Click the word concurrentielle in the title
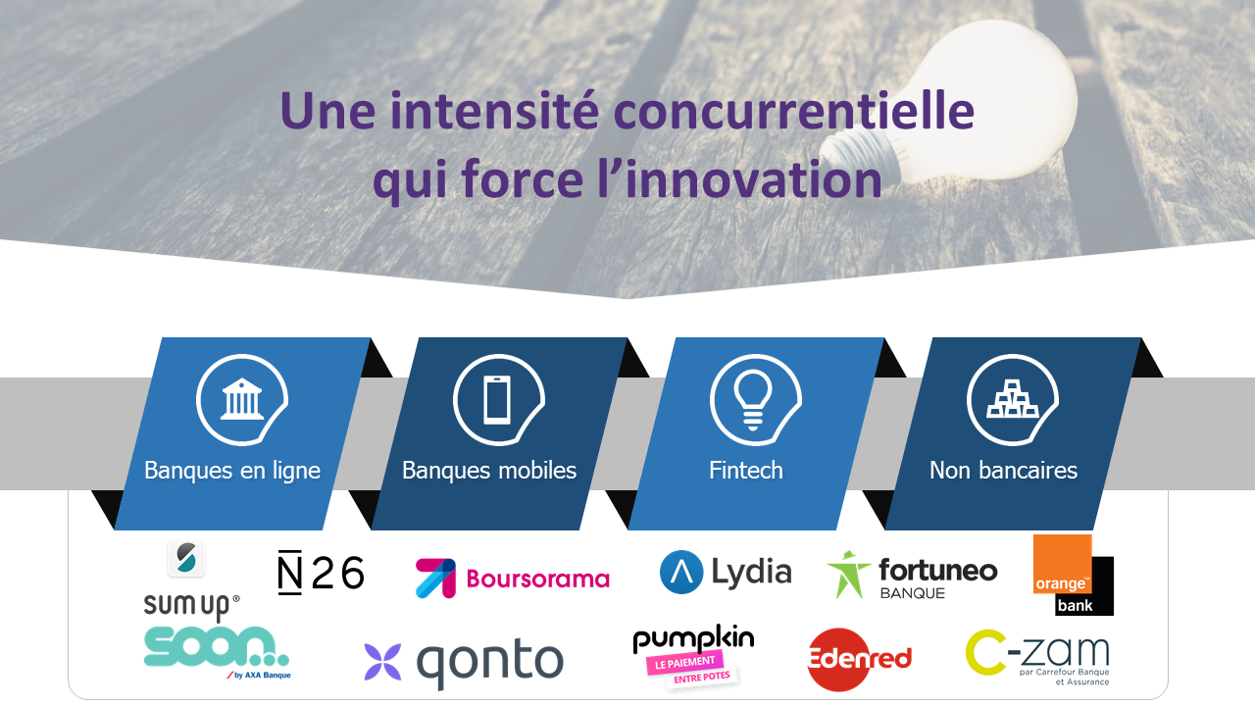(794, 111)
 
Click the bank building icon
(242, 399)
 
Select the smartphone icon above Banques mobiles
(497, 399)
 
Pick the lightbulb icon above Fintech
(753, 400)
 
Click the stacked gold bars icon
(1013, 399)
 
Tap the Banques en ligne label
(232, 471)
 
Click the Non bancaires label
(1003, 471)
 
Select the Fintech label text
(746, 471)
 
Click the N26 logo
(321, 572)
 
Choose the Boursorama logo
(512, 579)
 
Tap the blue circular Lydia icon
(681, 572)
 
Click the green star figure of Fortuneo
(848, 574)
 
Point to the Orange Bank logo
(1073, 575)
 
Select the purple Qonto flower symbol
(382, 662)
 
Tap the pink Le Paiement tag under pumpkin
(684, 663)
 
